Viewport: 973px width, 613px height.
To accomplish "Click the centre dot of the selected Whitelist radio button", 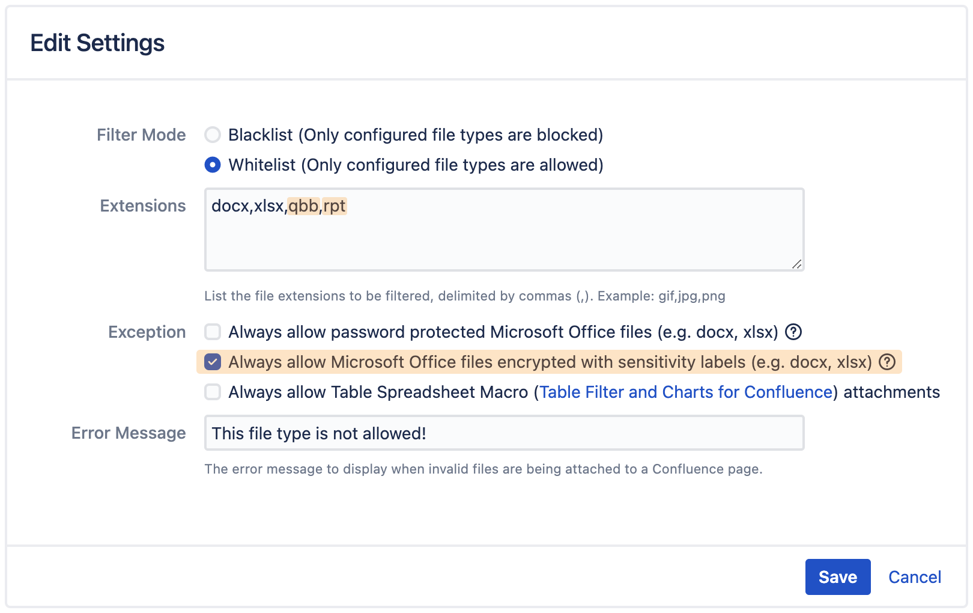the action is coord(213,165).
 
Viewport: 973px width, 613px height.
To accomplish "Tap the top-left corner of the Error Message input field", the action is coord(205,416).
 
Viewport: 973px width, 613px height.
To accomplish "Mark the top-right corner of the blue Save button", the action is coord(870,560).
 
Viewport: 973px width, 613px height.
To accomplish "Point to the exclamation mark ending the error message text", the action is coord(422,433).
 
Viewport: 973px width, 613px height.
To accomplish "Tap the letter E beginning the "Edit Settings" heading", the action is coord(37,43).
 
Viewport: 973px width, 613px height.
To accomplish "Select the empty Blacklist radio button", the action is coord(213,135).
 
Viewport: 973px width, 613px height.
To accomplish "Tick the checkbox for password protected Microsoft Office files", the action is coord(213,332).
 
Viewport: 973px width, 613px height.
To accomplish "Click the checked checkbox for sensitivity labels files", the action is coord(213,362).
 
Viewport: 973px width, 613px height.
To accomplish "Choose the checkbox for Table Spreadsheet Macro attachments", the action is coord(213,392).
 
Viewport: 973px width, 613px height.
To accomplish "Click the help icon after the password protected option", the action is coord(793,332).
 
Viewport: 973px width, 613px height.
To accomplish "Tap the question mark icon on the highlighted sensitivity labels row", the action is coord(887,362).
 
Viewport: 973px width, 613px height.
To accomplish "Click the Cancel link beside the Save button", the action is coord(915,577).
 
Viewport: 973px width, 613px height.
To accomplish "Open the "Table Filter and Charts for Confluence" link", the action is coord(686,392).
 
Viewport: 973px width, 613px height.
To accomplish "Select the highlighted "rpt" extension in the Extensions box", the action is coord(334,206).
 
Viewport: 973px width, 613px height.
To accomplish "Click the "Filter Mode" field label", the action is coord(141,135).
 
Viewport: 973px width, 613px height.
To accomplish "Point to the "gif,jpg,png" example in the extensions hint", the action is coord(691,296).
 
